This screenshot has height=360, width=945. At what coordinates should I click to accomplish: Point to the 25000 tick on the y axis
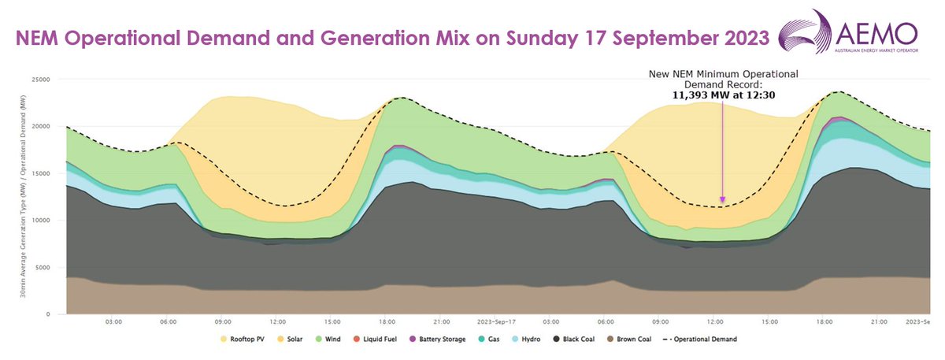39,80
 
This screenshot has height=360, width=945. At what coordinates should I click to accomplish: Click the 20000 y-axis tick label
39,126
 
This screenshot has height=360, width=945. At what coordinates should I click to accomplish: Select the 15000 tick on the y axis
39,173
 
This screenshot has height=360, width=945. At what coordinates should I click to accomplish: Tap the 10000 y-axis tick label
39,221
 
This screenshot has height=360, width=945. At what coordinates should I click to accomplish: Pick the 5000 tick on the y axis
41,267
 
